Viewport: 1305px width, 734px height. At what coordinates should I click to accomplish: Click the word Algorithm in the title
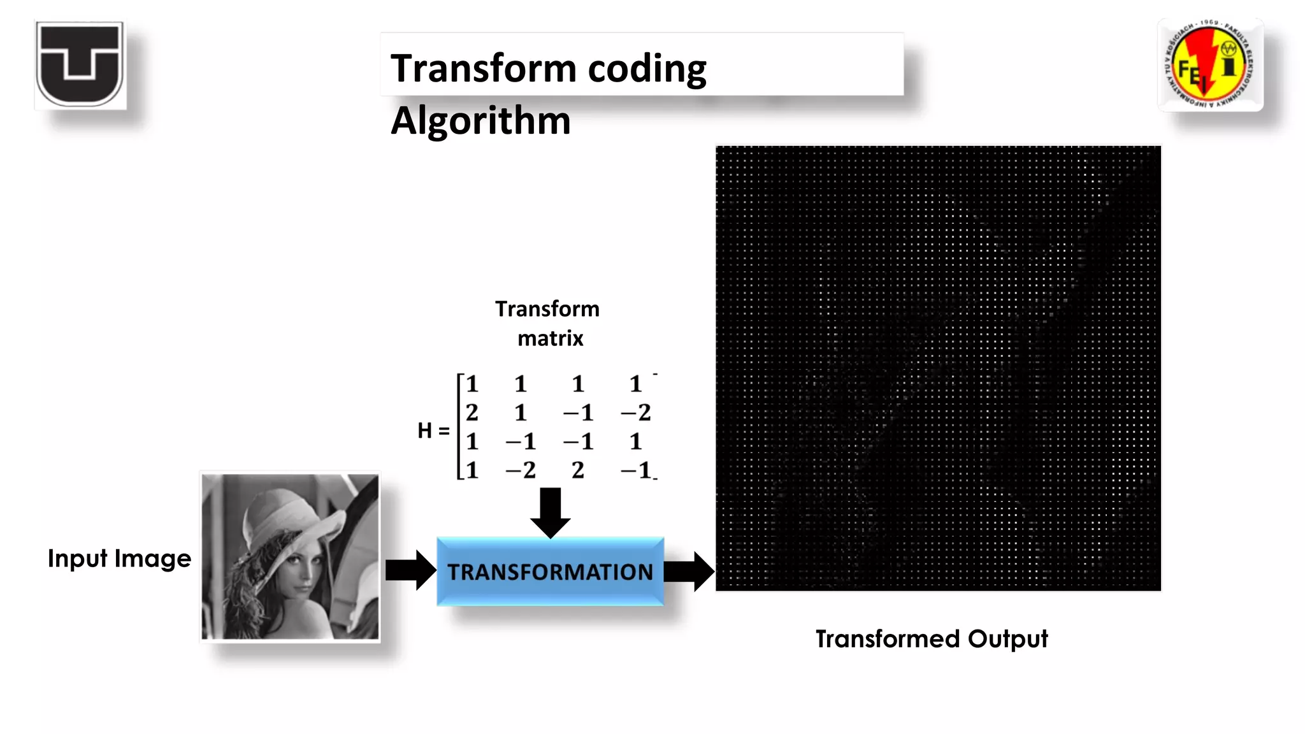(x=480, y=120)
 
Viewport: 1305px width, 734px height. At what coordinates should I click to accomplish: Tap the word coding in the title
(x=647, y=68)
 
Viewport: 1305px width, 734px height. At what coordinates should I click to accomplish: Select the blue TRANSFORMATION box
(x=550, y=572)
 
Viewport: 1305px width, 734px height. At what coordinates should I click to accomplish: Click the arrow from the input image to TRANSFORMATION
(x=410, y=570)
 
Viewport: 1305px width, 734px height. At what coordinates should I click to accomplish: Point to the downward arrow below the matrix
(x=550, y=511)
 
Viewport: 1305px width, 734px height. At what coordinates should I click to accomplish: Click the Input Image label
(x=119, y=558)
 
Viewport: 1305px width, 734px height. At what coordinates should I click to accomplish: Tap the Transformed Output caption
(x=931, y=638)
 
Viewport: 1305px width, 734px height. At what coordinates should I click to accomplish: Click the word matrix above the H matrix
(x=550, y=338)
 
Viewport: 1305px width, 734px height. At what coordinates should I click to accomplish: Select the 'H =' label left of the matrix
(x=433, y=431)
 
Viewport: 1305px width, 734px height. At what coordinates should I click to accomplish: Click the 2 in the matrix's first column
(x=472, y=413)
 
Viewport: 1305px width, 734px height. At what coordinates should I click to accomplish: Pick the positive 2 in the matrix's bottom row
(x=577, y=470)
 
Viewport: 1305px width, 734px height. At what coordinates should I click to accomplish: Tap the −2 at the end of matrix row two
(x=636, y=413)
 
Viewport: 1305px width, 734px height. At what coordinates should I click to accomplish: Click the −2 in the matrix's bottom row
(x=521, y=470)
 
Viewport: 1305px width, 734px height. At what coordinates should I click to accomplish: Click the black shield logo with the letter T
(x=80, y=64)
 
